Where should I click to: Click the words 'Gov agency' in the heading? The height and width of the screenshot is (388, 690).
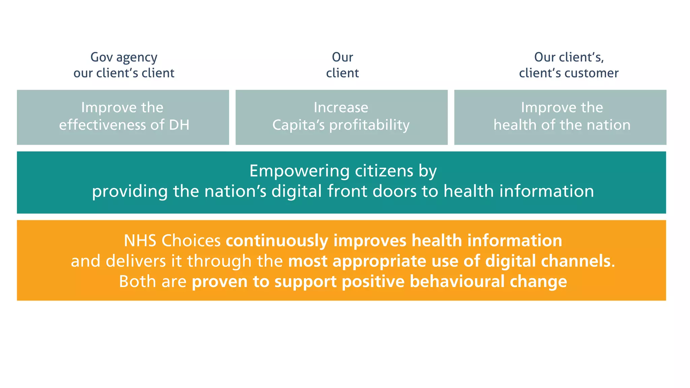click(124, 58)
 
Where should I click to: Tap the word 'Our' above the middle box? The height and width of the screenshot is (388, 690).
click(342, 57)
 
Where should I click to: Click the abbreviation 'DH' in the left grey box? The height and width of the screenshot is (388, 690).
click(179, 125)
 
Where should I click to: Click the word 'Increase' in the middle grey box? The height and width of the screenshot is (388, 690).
click(341, 107)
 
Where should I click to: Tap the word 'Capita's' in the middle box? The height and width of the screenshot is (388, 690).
click(299, 125)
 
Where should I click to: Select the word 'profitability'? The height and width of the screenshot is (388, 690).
click(369, 125)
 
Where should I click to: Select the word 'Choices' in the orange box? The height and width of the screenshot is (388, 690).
click(191, 241)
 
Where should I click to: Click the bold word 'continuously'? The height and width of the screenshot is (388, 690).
click(277, 241)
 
